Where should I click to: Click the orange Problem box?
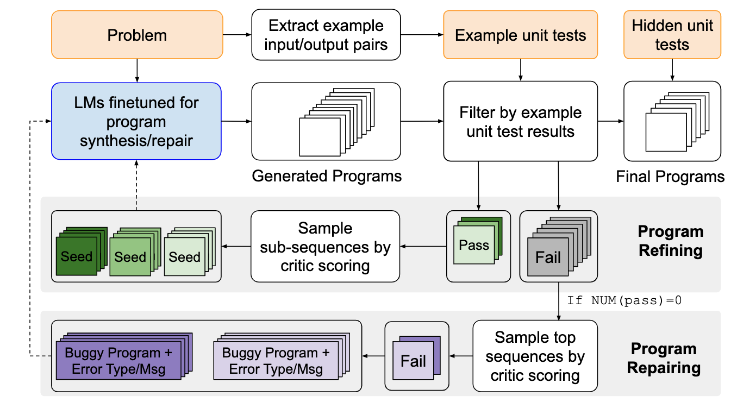[x=137, y=35]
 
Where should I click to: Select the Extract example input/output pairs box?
[x=326, y=35]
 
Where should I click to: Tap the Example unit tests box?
[x=520, y=35]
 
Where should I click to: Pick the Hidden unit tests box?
[x=672, y=35]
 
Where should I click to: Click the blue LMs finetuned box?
[x=136, y=121]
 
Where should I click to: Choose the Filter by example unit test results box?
[x=520, y=121]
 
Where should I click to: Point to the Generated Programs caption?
[x=327, y=176]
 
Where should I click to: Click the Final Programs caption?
[x=670, y=177]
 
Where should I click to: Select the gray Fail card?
[x=548, y=256]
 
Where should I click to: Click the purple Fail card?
[x=413, y=361]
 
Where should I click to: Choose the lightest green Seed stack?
[x=184, y=257]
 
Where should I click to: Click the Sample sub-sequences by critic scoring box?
[x=325, y=247]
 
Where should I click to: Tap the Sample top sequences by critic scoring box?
[x=535, y=356]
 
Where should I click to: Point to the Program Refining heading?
[x=670, y=241]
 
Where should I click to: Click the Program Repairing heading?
[x=664, y=358]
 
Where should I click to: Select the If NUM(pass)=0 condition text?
[x=624, y=300]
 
